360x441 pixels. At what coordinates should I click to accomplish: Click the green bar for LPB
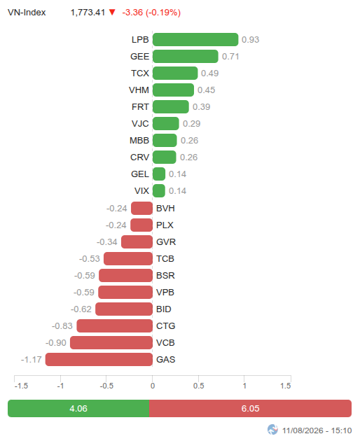[x=195, y=39]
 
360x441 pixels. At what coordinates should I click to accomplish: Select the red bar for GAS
[x=99, y=359]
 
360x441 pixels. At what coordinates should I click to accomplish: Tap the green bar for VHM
[x=173, y=90]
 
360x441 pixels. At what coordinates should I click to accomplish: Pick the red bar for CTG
[x=115, y=325]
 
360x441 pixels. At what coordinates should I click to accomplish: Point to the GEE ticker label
[x=139, y=56]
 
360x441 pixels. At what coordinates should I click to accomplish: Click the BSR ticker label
[x=165, y=275]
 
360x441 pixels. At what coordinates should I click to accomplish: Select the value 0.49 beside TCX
[x=209, y=73]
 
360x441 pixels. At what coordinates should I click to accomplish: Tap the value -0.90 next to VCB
[x=56, y=342]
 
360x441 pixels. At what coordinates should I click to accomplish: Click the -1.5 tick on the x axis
[x=21, y=386]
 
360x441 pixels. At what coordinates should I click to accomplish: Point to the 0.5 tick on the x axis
[x=198, y=386]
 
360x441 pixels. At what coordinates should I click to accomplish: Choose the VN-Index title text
[x=27, y=13]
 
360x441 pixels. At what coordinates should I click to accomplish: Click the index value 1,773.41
[x=88, y=13]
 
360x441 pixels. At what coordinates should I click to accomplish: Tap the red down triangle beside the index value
[x=112, y=12]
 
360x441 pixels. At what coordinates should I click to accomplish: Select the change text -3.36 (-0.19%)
[x=151, y=13]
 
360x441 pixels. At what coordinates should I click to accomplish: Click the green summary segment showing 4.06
[x=78, y=408]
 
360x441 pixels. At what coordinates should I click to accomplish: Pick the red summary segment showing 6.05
[x=250, y=408]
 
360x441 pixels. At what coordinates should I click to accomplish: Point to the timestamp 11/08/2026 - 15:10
[x=317, y=430]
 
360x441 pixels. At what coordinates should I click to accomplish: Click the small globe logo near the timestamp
[x=272, y=430]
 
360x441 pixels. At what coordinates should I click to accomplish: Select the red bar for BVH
[x=142, y=208]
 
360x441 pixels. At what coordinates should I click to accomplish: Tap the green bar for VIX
[x=159, y=190]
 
